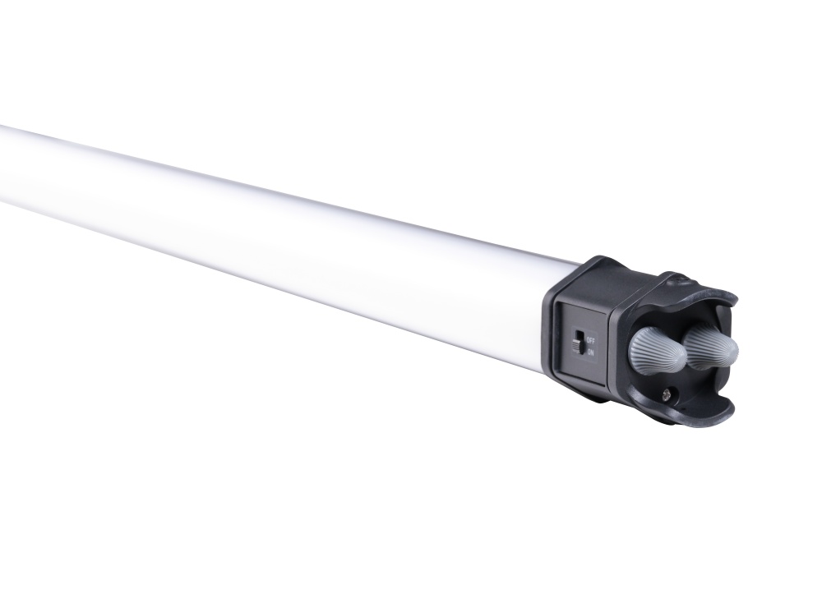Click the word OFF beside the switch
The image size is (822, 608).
(x=591, y=339)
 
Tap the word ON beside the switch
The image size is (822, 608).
(x=591, y=351)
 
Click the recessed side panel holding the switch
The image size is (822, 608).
(x=585, y=342)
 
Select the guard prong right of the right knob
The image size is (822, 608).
(x=728, y=316)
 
